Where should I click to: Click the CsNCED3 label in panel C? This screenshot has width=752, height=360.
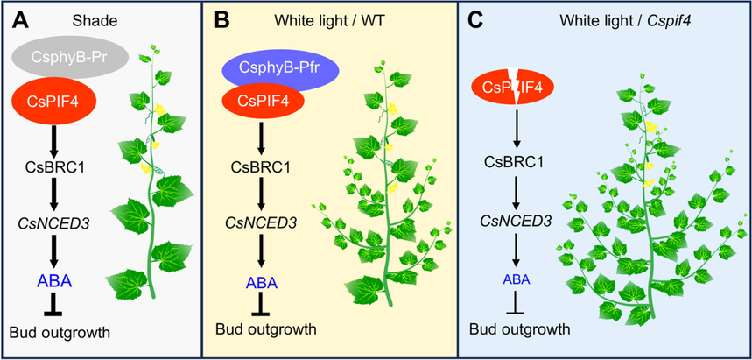point(517,220)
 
